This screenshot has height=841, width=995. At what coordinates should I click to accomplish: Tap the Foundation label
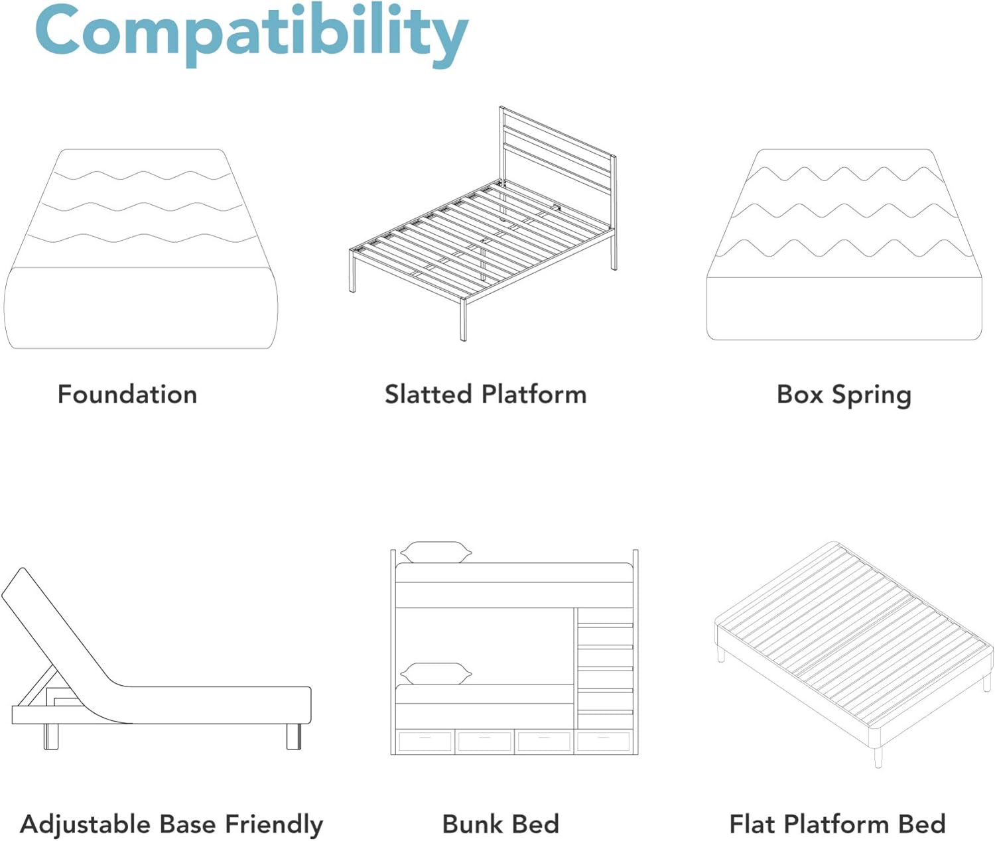[127, 394]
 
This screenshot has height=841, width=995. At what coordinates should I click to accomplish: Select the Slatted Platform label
[486, 394]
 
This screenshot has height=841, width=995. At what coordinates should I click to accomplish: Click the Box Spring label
[844, 395]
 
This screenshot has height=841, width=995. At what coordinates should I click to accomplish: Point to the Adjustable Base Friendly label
[171, 824]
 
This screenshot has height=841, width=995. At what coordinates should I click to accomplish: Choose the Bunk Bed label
[501, 824]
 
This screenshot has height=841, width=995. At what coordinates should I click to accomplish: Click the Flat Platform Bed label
[838, 824]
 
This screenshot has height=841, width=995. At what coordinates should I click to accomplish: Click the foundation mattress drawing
[141, 249]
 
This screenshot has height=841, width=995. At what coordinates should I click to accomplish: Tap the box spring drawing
[844, 245]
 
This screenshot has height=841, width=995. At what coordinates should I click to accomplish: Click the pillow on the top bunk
[436, 552]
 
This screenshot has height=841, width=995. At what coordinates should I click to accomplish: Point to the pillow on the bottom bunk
[436, 673]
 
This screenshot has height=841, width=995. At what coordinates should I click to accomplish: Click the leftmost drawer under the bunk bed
[425, 742]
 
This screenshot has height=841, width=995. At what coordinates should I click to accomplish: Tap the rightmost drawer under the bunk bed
[603, 742]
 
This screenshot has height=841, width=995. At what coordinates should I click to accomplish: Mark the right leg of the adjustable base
[294, 736]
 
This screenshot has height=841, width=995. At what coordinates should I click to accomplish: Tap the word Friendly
[275, 824]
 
